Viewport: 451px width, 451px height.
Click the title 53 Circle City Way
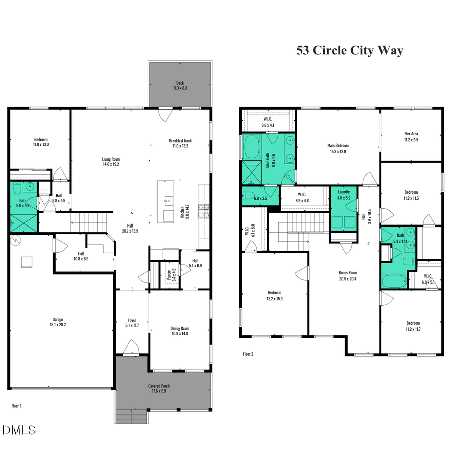click(349, 51)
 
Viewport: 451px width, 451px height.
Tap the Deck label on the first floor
click(180, 83)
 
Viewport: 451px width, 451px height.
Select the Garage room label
click(58, 319)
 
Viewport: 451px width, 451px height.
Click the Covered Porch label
click(161, 386)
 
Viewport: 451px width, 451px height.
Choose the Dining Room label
click(179, 329)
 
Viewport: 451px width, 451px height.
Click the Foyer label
click(132, 320)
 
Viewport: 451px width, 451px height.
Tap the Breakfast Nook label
click(180, 141)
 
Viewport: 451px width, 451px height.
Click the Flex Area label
click(411, 134)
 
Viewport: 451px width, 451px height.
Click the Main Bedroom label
click(338, 146)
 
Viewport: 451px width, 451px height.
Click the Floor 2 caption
click(248, 354)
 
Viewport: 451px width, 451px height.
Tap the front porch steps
click(132, 415)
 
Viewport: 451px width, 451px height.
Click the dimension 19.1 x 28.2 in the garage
click(58, 324)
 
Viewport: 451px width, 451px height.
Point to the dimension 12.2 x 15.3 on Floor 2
click(274, 298)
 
